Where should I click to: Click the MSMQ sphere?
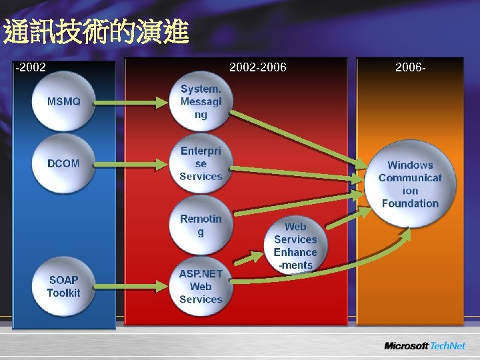coord(64,102)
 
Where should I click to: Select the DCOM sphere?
coord(64,163)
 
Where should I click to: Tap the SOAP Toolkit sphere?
coord(64,287)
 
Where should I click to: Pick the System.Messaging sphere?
coord(201,102)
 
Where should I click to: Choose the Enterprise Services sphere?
coord(201,163)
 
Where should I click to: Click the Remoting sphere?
coord(201,225)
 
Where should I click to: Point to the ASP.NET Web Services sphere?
coord(201,287)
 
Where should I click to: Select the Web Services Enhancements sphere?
coord(295,245)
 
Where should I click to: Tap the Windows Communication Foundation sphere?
coord(410,184)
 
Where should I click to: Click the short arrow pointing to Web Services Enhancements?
coord(249,258)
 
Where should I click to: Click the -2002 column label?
coord(31,67)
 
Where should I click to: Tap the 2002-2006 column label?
coord(257,67)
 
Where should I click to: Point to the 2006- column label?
coord(410,67)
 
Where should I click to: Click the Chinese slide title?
coord(96,33)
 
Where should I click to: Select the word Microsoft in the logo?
coord(406,345)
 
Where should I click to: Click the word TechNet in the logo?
coord(449,345)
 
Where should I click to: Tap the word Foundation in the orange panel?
coord(410,203)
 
